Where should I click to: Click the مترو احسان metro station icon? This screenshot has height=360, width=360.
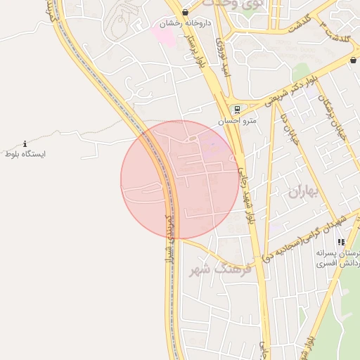click(x=237, y=110)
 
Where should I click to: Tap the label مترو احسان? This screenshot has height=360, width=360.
click(x=238, y=121)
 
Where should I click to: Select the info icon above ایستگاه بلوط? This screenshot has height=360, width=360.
click(x=25, y=143)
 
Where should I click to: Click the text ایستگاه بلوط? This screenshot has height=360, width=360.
click(x=25, y=153)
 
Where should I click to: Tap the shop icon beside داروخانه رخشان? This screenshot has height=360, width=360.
click(x=185, y=13)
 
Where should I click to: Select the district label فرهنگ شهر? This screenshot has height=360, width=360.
click(x=210, y=269)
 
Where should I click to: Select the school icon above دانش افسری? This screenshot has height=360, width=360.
click(x=341, y=243)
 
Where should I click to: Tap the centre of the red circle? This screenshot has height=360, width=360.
click(x=180, y=180)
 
